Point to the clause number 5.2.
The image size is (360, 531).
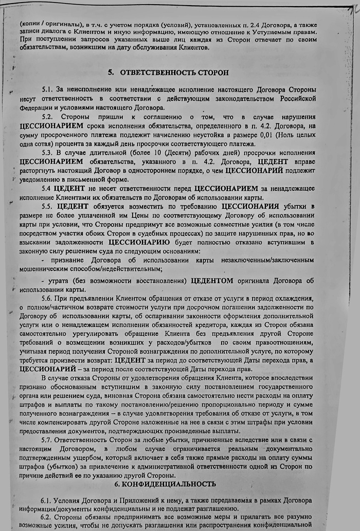[x=48, y=117]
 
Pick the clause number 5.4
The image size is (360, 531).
[x=47, y=189]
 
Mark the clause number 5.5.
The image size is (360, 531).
[x=48, y=207]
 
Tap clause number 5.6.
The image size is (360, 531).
[x=48, y=299]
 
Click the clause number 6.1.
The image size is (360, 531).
[x=48, y=500]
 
